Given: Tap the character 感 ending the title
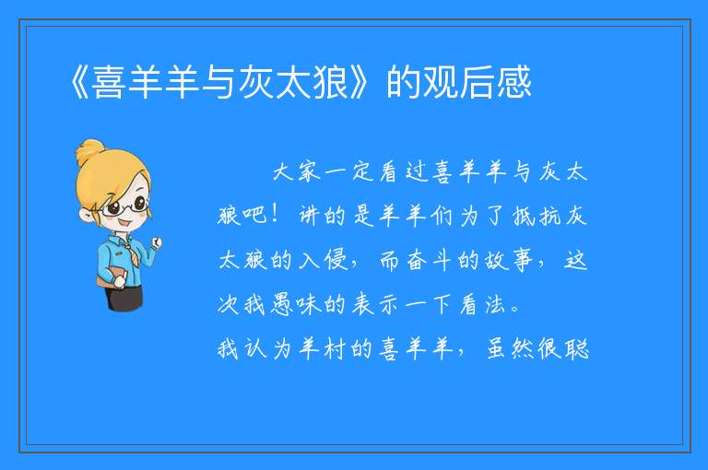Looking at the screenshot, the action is [x=514, y=82].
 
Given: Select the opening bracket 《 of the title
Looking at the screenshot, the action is [x=79, y=82].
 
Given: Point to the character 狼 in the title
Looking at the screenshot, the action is [x=331, y=82].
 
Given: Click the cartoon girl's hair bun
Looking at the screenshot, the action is [x=90, y=151].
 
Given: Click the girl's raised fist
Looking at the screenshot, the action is [x=156, y=243].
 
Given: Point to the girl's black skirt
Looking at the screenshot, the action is [x=124, y=298].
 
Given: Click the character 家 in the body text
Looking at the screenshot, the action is [x=310, y=172].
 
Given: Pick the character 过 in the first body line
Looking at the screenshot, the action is [x=417, y=172].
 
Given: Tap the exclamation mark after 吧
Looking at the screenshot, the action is [x=275, y=214].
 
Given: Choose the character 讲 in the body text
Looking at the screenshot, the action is [x=309, y=216].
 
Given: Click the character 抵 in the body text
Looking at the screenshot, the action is [x=524, y=216].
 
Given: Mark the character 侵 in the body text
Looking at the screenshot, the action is [x=336, y=260].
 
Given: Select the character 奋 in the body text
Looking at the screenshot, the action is [x=417, y=260].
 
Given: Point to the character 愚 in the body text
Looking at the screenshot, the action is [x=282, y=304].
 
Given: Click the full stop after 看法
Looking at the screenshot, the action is [x=514, y=310].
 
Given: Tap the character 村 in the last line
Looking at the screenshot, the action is [x=335, y=348].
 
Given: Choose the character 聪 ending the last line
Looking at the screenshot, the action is [x=577, y=348].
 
